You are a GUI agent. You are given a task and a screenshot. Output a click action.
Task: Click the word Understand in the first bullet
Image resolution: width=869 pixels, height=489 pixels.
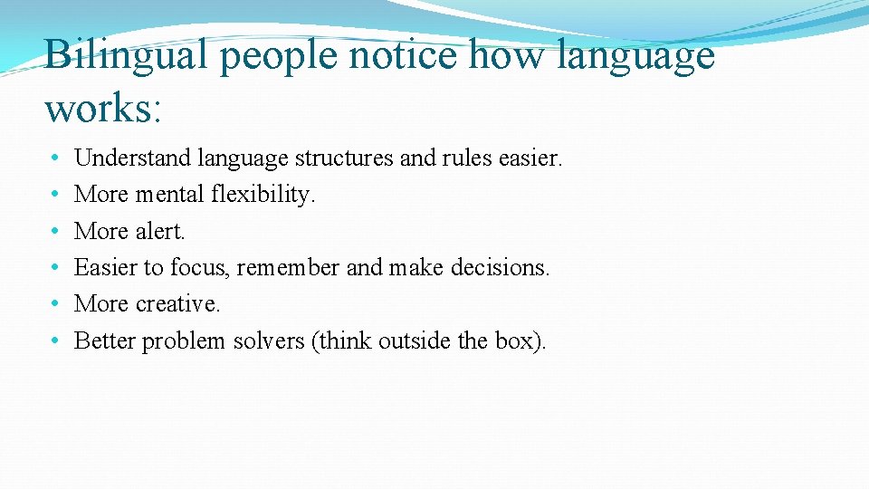[132, 158]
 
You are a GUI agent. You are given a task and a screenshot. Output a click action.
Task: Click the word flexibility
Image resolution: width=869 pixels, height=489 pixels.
[263, 195]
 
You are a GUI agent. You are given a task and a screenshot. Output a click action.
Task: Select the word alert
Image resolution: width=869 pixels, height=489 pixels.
[159, 231]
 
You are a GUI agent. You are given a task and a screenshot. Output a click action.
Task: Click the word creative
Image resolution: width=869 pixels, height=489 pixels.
[177, 304]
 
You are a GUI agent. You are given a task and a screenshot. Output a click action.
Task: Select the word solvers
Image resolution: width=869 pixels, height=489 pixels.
[268, 340]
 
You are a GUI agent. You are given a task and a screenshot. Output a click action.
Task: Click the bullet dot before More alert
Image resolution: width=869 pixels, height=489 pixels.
[56, 232]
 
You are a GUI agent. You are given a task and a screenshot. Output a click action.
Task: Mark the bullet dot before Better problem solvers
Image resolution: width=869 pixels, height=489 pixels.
[56, 341]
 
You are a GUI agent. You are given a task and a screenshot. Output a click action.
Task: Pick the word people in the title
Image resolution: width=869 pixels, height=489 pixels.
[278, 56]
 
